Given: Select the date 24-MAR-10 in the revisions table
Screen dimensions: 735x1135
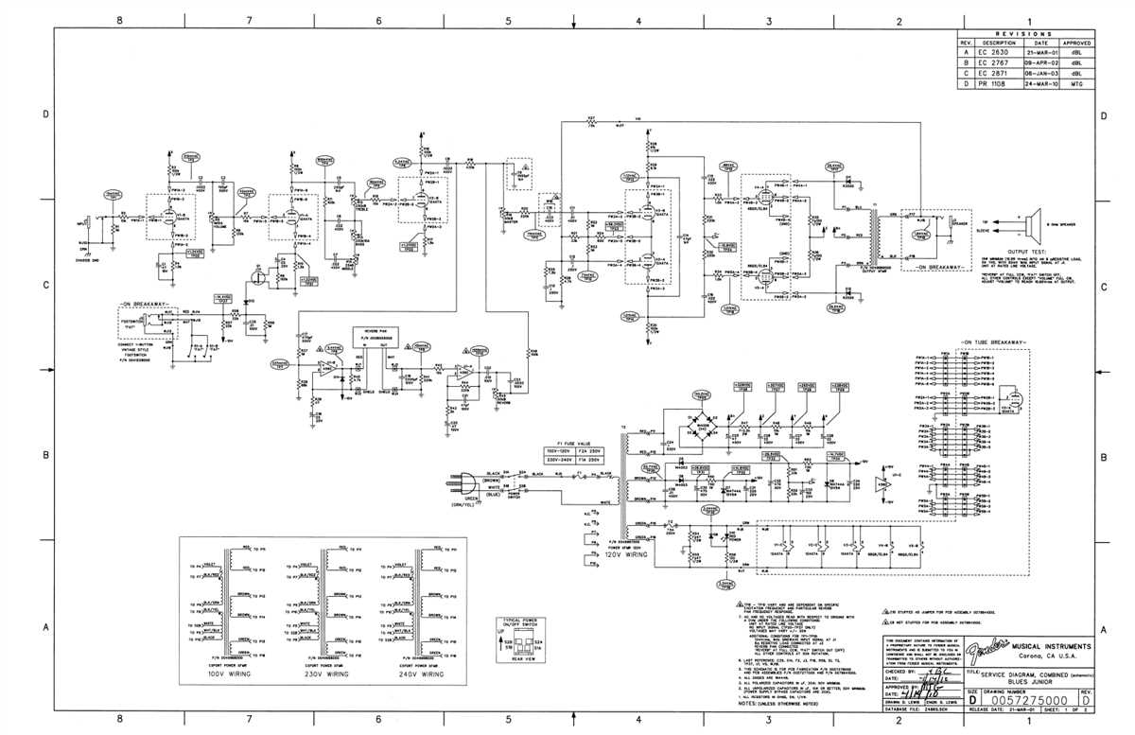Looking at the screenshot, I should pyautogui.click(x=1040, y=83).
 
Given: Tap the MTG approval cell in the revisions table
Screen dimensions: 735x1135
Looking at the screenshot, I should pyautogui.click(x=1076, y=83).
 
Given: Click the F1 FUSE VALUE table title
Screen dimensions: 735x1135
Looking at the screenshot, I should pyautogui.click(x=573, y=443).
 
